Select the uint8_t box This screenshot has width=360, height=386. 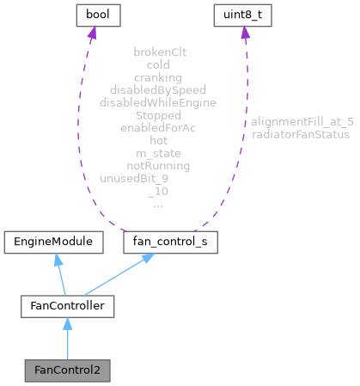[x=244, y=15]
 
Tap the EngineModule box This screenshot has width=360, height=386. [x=54, y=243]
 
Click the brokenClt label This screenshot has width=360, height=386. [x=160, y=52]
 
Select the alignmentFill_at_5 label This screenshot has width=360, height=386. [x=302, y=122]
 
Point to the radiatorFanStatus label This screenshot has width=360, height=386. [x=300, y=135]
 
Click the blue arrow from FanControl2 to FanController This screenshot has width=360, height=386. [x=66, y=340]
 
